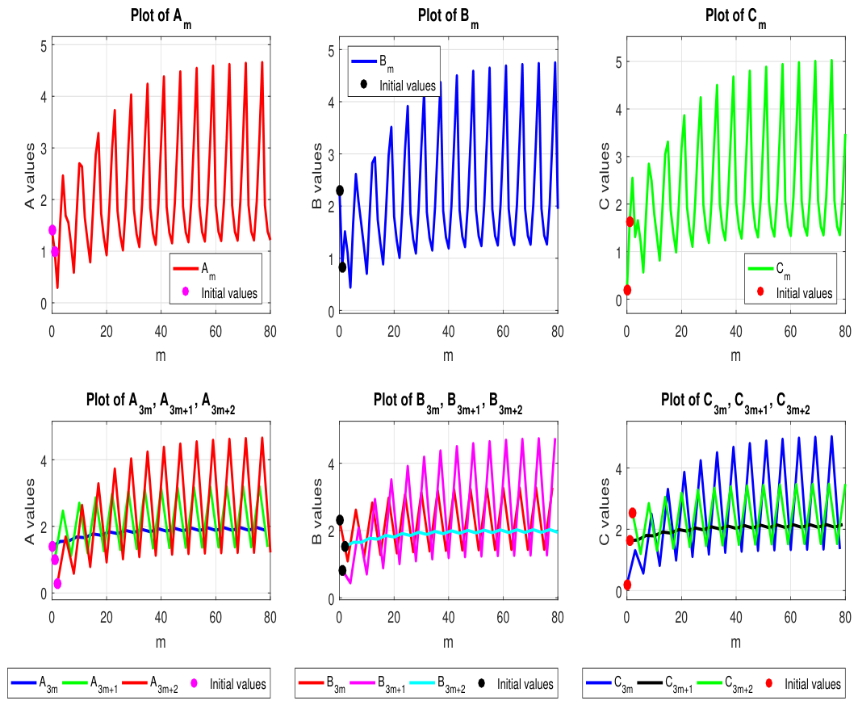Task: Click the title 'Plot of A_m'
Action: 161,17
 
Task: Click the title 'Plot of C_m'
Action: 736,17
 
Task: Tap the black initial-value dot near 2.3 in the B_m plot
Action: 340,191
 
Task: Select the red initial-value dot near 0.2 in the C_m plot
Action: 627,290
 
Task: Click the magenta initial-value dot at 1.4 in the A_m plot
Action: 52,230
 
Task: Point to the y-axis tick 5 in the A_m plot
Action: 44,45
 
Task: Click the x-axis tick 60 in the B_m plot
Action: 503,331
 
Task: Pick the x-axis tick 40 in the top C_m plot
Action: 736,331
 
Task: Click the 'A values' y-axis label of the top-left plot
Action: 30,175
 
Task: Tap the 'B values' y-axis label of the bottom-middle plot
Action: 317,511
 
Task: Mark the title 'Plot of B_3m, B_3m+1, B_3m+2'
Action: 448,401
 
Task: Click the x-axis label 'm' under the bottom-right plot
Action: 736,641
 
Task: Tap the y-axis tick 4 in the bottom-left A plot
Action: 44,460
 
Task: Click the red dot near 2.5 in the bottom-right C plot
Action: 633,513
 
